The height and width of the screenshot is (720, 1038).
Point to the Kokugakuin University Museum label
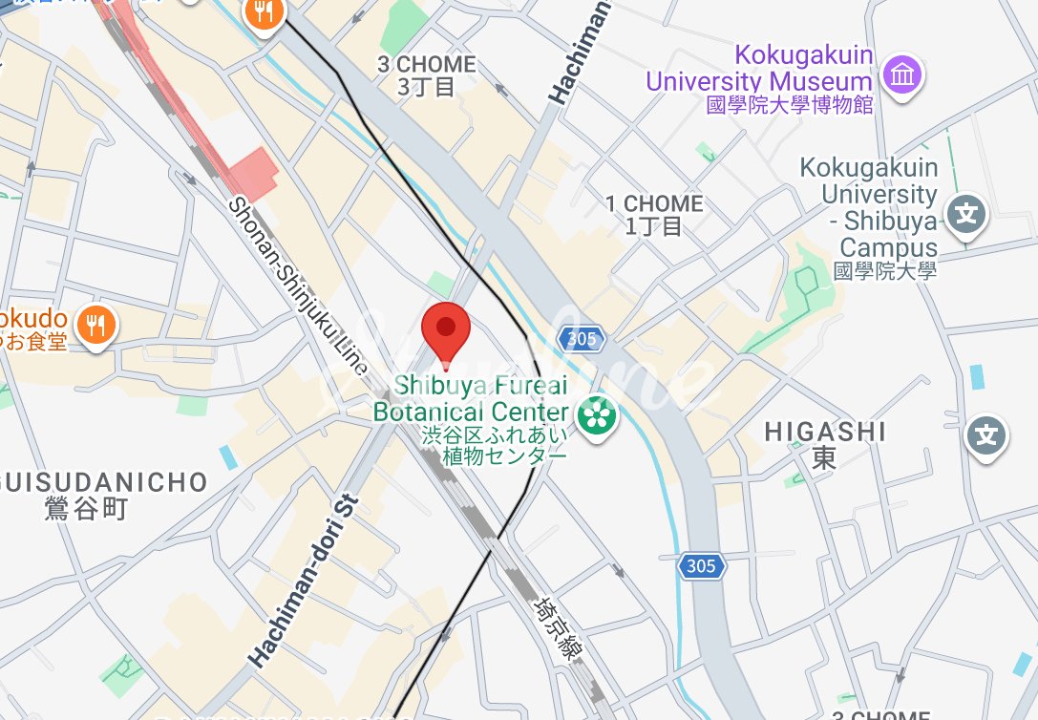[x=760, y=80]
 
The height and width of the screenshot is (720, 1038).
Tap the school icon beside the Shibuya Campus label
[x=967, y=212]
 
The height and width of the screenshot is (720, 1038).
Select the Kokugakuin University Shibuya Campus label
[x=869, y=220]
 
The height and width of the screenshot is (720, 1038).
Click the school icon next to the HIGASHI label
[x=985, y=436]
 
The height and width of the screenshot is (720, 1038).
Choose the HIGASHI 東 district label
[x=824, y=445]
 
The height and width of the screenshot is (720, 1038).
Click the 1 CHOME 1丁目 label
[x=654, y=214]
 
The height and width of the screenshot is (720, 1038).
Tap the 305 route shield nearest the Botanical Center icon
[x=581, y=339]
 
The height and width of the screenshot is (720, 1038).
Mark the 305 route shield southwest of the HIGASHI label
[x=701, y=566]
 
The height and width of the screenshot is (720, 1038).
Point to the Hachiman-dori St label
[x=302, y=581]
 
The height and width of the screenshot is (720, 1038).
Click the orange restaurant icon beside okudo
[x=95, y=325]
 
